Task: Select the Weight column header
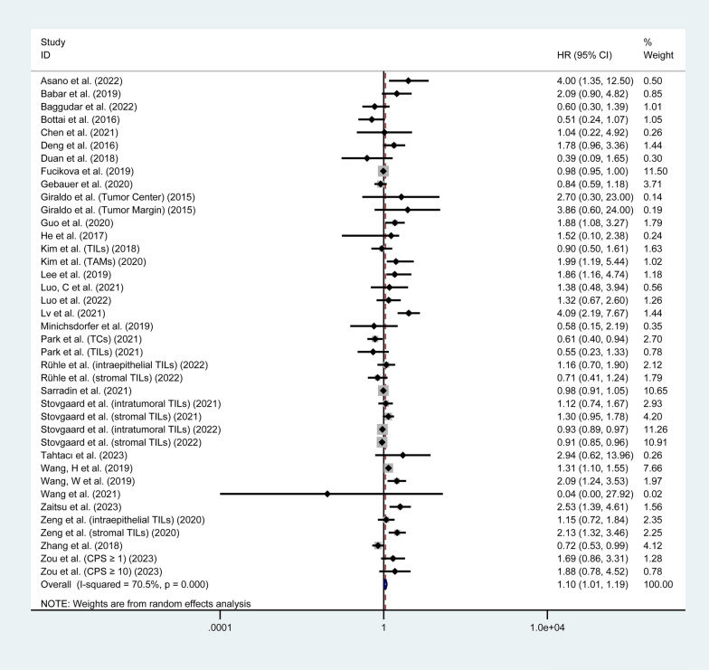(657, 55)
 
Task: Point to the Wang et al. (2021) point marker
(327, 495)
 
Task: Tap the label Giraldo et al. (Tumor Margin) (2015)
(130, 209)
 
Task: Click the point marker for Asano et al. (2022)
(408, 81)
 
